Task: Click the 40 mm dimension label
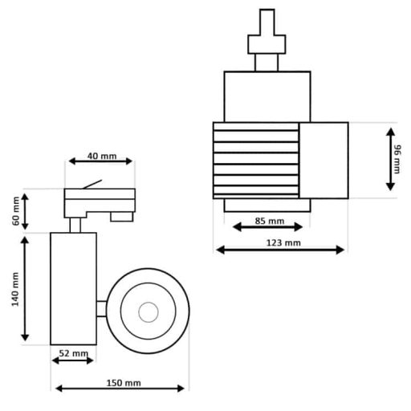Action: (x=102, y=156)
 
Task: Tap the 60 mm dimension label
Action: (x=16, y=211)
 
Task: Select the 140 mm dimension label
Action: (x=15, y=289)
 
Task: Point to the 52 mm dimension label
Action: (x=73, y=353)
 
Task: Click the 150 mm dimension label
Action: (x=124, y=383)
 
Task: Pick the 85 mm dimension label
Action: (x=270, y=221)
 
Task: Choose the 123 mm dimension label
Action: (x=283, y=243)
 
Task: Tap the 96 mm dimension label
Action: (x=397, y=159)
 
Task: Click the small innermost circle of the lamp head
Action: (x=149, y=312)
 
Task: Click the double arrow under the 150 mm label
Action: (x=120, y=389)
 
